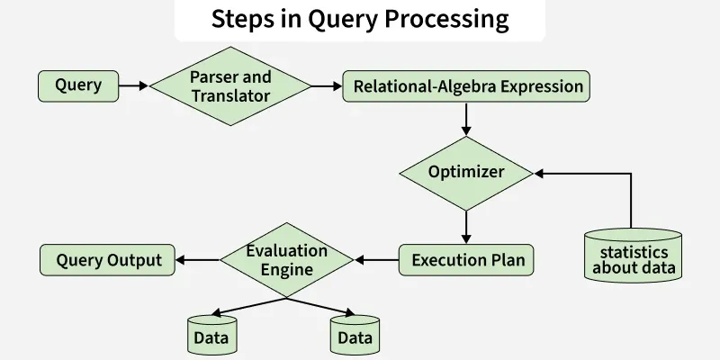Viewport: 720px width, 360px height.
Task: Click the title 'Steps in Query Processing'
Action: click(x=359, y=19)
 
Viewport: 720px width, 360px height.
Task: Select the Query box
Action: click(x=78, y=86)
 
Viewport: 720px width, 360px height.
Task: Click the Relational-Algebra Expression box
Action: click(x=467, y=87)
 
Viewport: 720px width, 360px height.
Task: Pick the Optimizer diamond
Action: click(x=466, y=171)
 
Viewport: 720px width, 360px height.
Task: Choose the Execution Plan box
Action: click(x=466, y=261)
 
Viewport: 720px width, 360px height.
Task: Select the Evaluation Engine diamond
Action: click(x=286, y=260)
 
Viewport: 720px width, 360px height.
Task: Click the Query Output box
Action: click(x=108, y=261)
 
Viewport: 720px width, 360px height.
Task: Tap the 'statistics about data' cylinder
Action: click(x=633, y=256)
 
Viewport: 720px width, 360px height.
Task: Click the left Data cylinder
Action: click(x=211, y=335)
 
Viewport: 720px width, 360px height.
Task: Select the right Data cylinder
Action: click(x=355, y=335)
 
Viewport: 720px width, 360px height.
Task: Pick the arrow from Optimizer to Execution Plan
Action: click(x=466, y=227)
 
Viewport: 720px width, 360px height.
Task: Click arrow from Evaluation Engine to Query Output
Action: click(x=197, y=261)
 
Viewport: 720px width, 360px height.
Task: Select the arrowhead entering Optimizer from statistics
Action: click(x=540, y=171)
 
